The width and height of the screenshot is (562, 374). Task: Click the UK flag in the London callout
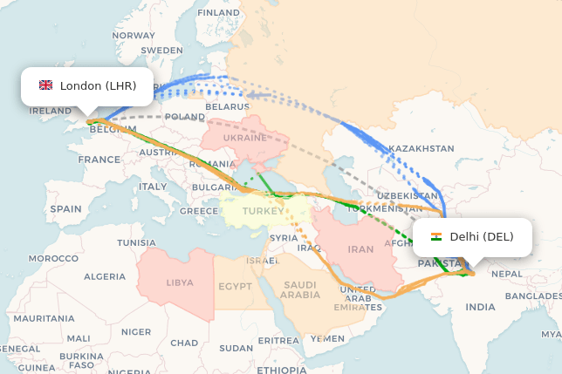[45, 85]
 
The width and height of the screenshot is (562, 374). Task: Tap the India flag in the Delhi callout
[436, 236]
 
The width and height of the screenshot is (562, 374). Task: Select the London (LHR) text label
[99, 85]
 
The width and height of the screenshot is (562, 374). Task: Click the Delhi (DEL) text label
[482, 236]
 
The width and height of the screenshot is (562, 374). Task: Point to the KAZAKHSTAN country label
[421, 148]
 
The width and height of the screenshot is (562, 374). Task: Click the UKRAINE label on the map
[245, 138]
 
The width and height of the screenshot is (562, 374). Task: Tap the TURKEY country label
[263, 211]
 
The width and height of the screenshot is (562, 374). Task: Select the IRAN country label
[360, 249]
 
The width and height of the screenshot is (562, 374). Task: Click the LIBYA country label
[180, 282]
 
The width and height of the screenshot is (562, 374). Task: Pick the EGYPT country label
[235, 286]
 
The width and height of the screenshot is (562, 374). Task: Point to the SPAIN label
[65, 209]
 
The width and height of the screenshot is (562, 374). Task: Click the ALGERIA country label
[105, 276]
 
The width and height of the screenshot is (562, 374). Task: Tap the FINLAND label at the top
[219, 13]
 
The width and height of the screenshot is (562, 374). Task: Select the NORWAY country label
[134, 35]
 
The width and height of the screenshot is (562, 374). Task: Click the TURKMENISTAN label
[385, 209]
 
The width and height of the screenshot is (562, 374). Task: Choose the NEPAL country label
[507, 273]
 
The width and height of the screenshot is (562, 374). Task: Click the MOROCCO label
[53, 258]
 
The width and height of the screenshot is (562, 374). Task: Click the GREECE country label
[199, 211]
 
